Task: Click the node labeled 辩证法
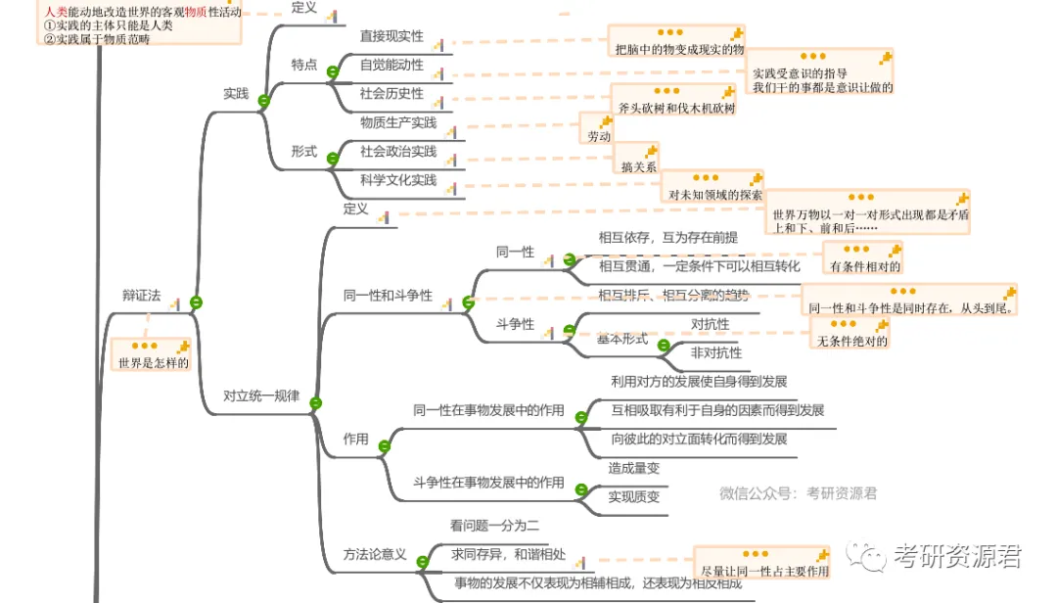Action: pyautogui.click(x=141, y=297)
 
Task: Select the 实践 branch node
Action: pyautogui.click(x=236, y=94)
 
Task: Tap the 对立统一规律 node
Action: pyautogui.click(x=261, y=396)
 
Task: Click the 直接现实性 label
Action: pyautogui.click(x=391, y=36)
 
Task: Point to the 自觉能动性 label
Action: pyautogui.click(x=391, y=65)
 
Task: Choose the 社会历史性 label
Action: pyautogui.click(x=391, y=93)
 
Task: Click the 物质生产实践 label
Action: pyautogui.click(x=398, y=122)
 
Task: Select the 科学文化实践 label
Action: pyautogui.click(x=398, y=180)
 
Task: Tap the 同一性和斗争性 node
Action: pyautogui.click(x=388, y=296)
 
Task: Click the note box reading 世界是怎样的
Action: pyautogui.click(x=153, y=363)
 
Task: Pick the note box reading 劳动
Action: pyautogui.click(x=599, y=137)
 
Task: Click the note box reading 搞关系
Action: pyautogui.click(x=639, y=166)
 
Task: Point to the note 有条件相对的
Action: pyautogui.click(x=864, y=266)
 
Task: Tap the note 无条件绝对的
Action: pyautogui.click(x=852, y=341)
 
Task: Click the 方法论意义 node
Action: pyautogui.click(x=375, y=554)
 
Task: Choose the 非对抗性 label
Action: pyautogui.click(x=716, y=352)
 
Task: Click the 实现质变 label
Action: pyautogui.click(x=634, y=496)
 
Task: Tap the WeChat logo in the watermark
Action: pyautogui.click(x=867, y=557)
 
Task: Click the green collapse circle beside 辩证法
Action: pyautogui.click(x=196, y=303)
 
